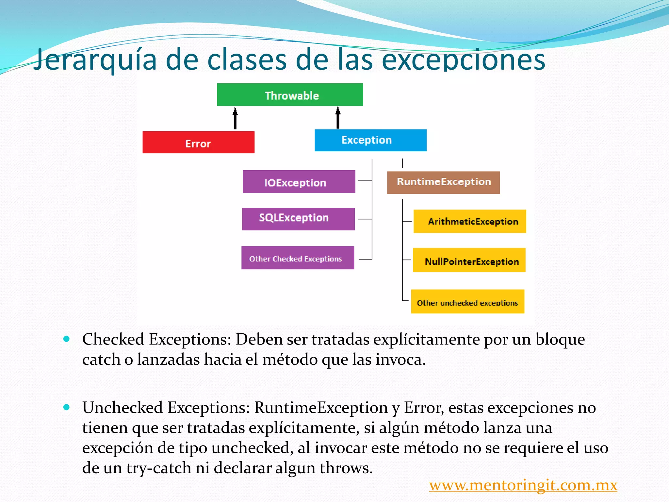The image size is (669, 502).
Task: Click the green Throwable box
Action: point(290,95)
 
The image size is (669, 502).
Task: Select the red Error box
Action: point(198,142)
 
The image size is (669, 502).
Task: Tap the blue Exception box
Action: point(370,140)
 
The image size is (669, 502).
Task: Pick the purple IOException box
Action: point(299,182)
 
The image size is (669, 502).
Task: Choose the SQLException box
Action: point(298,219)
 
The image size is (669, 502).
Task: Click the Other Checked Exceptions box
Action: point(298,258)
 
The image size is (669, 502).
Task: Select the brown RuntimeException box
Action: point(443,183)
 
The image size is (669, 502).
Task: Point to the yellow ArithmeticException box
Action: point(469,221)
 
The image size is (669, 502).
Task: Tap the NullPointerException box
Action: point(469,260)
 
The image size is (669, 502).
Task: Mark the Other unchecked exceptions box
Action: point(467,302)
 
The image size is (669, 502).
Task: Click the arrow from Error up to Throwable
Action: point(235,118)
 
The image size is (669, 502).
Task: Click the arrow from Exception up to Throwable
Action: point(338,118)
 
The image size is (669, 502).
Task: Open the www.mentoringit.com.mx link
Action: point(523,485)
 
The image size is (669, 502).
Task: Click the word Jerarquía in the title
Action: point(95,60)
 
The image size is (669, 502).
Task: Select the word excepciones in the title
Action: point(464,60)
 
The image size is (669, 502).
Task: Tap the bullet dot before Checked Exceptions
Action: point(67,339)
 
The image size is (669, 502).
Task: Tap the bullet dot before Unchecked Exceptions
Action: point(67,407)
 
